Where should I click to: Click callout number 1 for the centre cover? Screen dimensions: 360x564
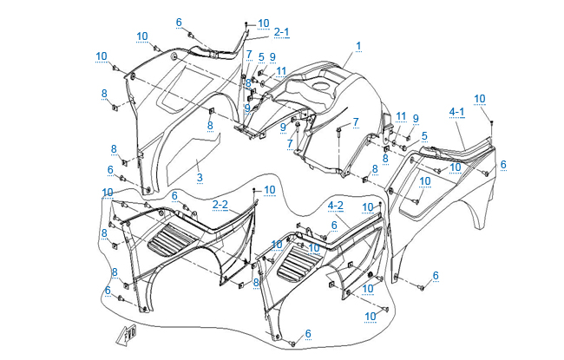tap(358, 45)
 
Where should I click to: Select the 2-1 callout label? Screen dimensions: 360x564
tap(282, 32)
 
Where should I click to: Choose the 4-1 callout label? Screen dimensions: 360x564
tap(457, 111)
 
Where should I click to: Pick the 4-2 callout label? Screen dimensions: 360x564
tap(336, 205)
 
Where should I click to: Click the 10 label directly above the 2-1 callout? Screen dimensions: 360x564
tap(264, 23)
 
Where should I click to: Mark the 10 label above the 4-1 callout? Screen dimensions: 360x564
tap(480, 98)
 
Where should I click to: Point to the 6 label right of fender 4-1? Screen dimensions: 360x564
tap(503, 164)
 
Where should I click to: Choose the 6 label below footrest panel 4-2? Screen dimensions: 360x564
tap(307, 333)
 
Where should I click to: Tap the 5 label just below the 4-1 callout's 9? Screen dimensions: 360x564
tap(424, 136)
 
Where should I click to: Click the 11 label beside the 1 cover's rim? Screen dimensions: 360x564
tap(281, 70)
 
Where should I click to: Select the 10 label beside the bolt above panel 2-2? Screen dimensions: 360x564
tap(269, 189)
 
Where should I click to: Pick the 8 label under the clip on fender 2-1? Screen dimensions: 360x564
tap(209, 125)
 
